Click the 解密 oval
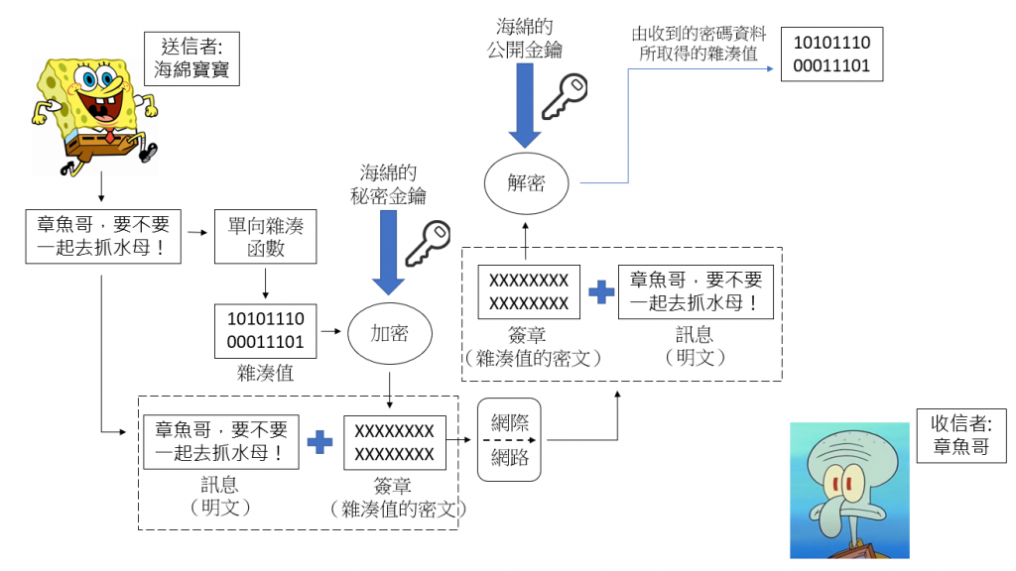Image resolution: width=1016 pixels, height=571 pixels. pos(526,183)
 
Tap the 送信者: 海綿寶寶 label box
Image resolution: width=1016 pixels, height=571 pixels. pos(191,57)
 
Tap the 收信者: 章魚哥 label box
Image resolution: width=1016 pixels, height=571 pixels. pos(960,434)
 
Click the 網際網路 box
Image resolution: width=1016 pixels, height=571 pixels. pos(510,439)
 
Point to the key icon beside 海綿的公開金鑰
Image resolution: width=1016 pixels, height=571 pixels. pos(571,96)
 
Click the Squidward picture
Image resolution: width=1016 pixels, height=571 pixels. pos(849,490)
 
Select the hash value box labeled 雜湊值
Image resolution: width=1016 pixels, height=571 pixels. pos(266,331)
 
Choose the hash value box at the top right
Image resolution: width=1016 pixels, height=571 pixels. pos(831,55)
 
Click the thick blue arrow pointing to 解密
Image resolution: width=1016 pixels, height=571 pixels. pos(526,109)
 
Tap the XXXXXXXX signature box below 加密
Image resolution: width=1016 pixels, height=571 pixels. pos(394,442)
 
